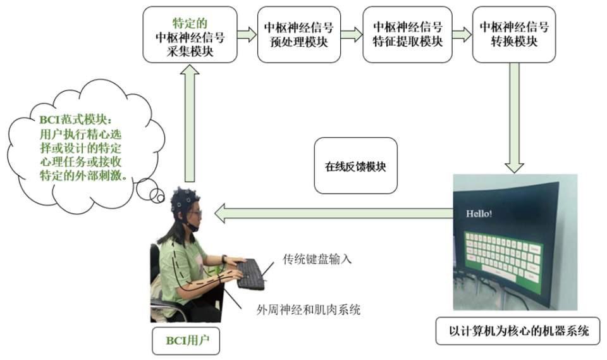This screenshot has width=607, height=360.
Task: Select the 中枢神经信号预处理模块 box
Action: [298, 35]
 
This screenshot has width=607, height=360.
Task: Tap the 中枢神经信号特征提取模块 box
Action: [407, 34]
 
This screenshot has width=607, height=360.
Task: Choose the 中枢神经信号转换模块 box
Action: [513, 34]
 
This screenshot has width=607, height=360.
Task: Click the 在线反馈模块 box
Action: [355, 166]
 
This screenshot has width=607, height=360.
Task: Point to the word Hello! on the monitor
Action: [479, 214]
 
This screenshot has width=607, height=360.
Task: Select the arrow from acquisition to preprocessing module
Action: [247, 34]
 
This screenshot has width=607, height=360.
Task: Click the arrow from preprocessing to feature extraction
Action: [353, 34]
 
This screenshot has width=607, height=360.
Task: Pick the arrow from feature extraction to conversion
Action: [462, 34]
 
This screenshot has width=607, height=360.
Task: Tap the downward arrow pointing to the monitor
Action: [513, 120]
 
